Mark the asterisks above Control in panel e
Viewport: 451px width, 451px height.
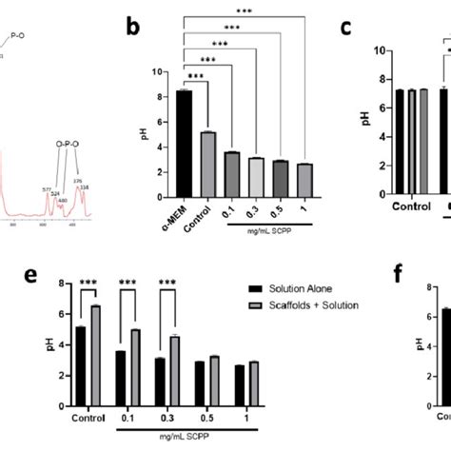[88, 283]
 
